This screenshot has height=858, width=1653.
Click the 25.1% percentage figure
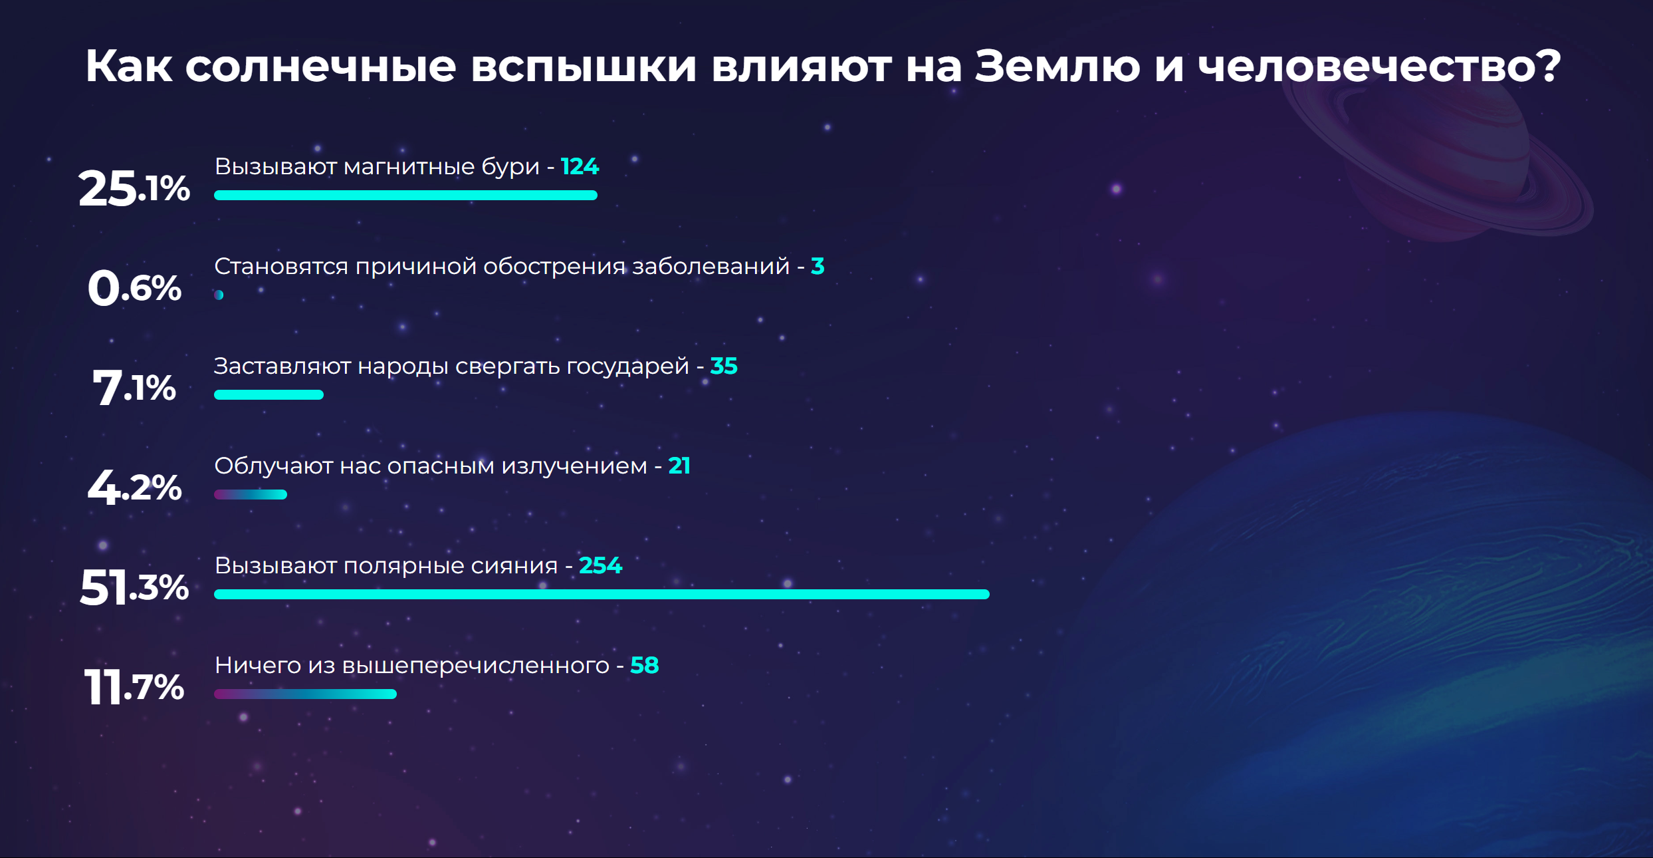pyautogui.click(x=134, y=188)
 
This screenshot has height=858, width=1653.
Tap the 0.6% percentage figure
pyautogui.click(x=134, y=288)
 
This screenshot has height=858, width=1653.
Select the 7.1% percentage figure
pyautogui.click(x=134, y=388)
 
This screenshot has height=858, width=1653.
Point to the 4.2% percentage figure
pyautogui.click(x=134, y=488)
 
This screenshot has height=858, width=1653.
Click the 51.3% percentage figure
pyautogui.click(x=134, y=587)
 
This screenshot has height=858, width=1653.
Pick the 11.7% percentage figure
pyautogui.click(x=134, y=687)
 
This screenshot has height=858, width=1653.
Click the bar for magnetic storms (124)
pyautogui.click(x=405, y=195)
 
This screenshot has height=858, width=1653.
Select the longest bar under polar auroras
pyautogui.click(x=602, y=594)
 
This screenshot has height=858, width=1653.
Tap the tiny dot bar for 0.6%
pyautogui.click(x=219, y=295)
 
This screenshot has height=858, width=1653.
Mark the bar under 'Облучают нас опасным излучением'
pyautogui.click(x=251, y=494)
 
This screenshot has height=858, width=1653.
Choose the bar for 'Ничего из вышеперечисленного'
pyautogui.click(x=305, y=694)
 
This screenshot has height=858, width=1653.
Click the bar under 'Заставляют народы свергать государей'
pyautogui.click(x=269, y=394)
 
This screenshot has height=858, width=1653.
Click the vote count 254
pyautogui.click(x=600, y=565)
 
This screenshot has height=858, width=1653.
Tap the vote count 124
pyautogui.click(x=580, y=166)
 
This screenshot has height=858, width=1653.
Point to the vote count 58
pyautogui.click(x=644, y=665)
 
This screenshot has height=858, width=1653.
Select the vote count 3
pyautogui.click(x=818, y=266)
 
